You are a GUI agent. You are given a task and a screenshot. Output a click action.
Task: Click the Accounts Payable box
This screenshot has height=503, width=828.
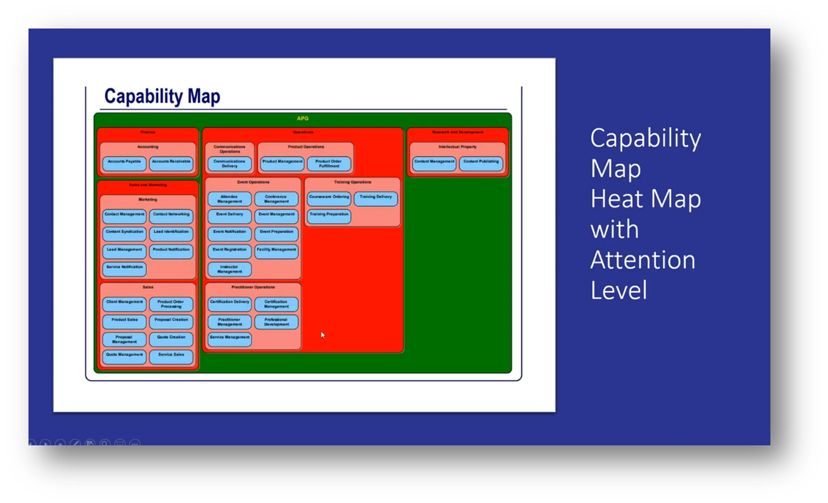click(x=124, y=163)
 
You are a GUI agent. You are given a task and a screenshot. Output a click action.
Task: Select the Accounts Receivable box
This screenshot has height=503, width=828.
click(x=171, y=163)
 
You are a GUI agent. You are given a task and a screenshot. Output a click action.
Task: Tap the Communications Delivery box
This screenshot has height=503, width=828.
click(x=230, y=163)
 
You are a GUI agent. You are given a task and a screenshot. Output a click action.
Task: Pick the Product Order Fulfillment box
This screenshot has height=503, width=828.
click(x=329, y=163)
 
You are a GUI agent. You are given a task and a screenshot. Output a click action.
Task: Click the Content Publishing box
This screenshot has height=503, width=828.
click(x=481, y=163)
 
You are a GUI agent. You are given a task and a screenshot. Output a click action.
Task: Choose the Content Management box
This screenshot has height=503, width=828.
click(x=435, y=163)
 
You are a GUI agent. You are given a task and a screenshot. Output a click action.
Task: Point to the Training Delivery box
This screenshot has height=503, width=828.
click(x=376, y=198)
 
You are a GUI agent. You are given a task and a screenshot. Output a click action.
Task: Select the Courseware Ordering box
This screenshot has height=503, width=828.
click(x=329, y=198)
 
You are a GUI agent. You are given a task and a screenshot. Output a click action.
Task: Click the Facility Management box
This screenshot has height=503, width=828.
click(x=276, y=251)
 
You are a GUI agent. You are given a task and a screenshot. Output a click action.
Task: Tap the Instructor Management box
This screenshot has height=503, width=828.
click(x=230, y=269)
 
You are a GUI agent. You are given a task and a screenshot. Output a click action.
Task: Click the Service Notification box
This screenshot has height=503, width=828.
click(x=124, y=268)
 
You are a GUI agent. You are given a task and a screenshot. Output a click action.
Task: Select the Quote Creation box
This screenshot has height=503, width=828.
click(x=171, y=339)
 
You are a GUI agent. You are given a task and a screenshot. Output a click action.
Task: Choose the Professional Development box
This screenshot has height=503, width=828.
click(x=276, y=322)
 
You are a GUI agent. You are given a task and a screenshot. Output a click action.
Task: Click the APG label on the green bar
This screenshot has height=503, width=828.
click(x=302, y=119)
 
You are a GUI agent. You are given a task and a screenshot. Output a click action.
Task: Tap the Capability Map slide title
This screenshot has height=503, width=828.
click(x=162, y=96)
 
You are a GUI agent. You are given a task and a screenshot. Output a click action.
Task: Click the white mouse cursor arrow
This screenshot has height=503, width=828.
click(x=322, y=334)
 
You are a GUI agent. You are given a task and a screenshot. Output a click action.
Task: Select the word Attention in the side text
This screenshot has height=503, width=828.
click(x=643, y=260)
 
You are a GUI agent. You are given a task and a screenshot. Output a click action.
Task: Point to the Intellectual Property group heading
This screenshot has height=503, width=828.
click(x=458, y=147)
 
